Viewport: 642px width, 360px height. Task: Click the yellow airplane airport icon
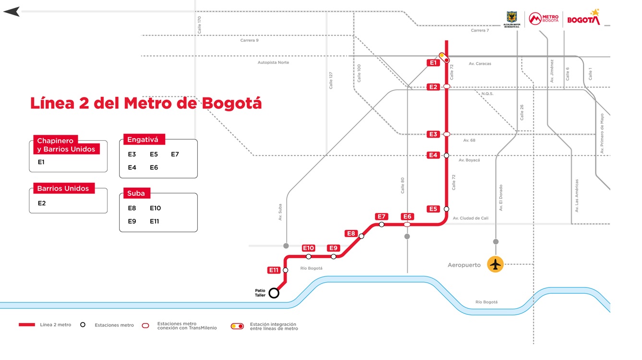coord(495,264)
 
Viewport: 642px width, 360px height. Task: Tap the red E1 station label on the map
coord(433,63)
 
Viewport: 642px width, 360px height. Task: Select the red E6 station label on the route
coord(408,216)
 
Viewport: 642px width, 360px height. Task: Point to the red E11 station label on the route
coord(274,270)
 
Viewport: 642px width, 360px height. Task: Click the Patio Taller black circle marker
coord(274,293)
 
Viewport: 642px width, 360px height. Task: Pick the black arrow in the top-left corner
coord(12,12)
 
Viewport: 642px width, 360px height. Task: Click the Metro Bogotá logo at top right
coord(543,19)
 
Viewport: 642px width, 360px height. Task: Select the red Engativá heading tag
coord(144,140)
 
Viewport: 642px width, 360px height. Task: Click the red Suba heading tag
coord(136,193)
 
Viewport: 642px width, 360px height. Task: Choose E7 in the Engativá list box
coord(175,155)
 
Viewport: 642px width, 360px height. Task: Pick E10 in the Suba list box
coord(155,208)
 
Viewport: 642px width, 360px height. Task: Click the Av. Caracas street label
coord(480,63)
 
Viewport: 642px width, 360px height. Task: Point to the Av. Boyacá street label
coord(469,160)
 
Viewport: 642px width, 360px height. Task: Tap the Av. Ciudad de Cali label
coord(470,218)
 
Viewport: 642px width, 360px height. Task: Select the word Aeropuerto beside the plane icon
coord(464,265)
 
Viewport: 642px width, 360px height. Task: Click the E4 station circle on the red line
coord(447,156)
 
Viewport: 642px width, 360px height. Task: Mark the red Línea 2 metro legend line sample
coord(27,325)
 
